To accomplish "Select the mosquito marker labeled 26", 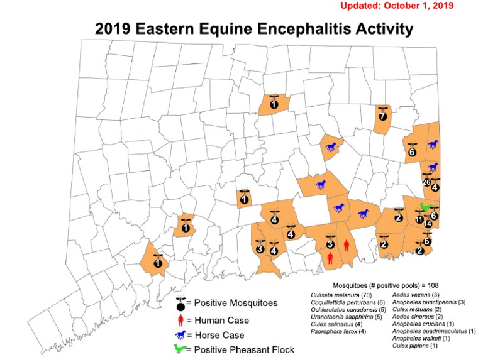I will pyautogui.click(x=426, y=183).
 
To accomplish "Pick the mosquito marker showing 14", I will pyautogui.click(x=428, y=223).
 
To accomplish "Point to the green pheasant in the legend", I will pyautogui.click(x=181, y=349).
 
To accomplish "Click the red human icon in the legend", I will pyautogui.click(x=180, y=320).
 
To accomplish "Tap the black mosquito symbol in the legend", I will pyautogui.click(x=181, y=304).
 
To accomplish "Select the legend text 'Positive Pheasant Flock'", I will pyautogui.click(x=244, y=350).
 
